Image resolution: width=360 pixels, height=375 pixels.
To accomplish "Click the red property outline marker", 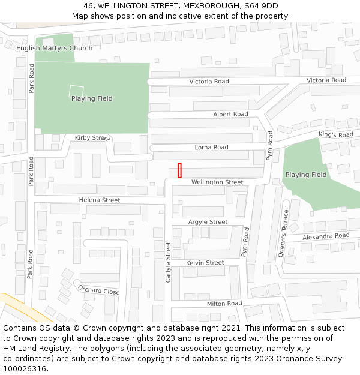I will click(x=179, y=170).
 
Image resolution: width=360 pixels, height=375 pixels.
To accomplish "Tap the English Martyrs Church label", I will click(x=55, y=48).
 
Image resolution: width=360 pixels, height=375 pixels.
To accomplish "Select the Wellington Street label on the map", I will click(x=217, y=182).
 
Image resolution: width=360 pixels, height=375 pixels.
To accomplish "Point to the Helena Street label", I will click(x=100, y=200).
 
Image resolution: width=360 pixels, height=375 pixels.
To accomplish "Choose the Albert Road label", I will click(x=230, y=114).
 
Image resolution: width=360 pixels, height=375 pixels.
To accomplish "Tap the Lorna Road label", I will click(x=211, y=147).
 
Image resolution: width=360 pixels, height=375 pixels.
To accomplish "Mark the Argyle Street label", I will click(x=208, y=222).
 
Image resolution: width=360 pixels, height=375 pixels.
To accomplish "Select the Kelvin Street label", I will click(x=205, y=263).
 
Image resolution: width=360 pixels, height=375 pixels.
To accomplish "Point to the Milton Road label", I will click(x=224, y=304).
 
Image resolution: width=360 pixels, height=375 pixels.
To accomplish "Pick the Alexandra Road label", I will click(x=325, y=236).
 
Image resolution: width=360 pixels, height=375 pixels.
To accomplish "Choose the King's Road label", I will click(x=336, y=135).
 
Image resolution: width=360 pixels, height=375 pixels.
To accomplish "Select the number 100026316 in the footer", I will click(x=25, y=369).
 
